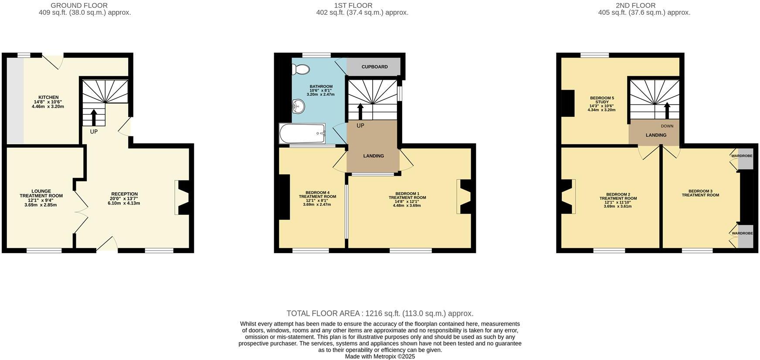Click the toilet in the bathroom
[302, 69]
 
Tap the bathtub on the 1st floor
[302, 133]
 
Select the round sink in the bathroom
[298, 105]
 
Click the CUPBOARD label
[374, 67]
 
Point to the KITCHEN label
[48, 98]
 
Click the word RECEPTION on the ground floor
[124, 194]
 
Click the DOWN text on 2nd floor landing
[667, 126]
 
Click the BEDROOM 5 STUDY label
[602, 100]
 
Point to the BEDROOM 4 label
[317, 193]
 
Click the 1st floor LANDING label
[373, 156]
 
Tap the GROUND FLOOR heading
[79, 6]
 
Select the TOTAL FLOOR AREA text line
[380, 313]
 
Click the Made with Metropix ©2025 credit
[380, 357]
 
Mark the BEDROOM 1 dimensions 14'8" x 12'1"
[407, 201]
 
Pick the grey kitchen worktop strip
[15, 100]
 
